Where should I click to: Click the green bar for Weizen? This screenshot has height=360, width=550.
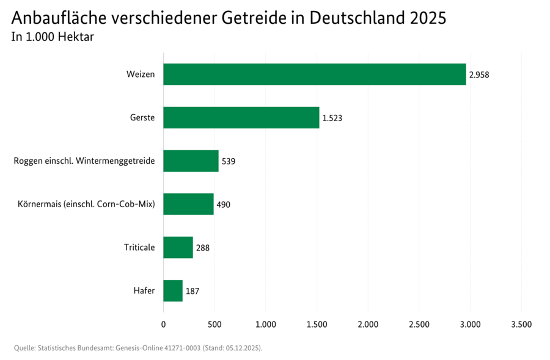coord(314,75)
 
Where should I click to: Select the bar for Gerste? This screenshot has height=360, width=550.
coord(241,117)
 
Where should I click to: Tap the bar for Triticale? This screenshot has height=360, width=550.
coord(178,248)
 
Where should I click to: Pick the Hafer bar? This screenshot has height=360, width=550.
coord(173,291)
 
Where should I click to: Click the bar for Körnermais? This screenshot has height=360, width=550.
coord(188,204)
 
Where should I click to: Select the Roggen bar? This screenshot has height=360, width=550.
coord(191,161)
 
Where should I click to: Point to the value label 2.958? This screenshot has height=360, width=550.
coord(479,75)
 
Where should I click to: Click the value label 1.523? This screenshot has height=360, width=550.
coord(332,118)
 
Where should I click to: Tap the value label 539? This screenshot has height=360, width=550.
coord(229,161)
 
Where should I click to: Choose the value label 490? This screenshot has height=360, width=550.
coord(224,205)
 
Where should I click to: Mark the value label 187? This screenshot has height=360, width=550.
coord(193,292)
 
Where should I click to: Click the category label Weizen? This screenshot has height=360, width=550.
coord(141,75)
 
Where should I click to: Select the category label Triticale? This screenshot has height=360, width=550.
coord(139,248)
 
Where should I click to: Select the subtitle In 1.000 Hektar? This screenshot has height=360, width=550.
coord(53,37)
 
